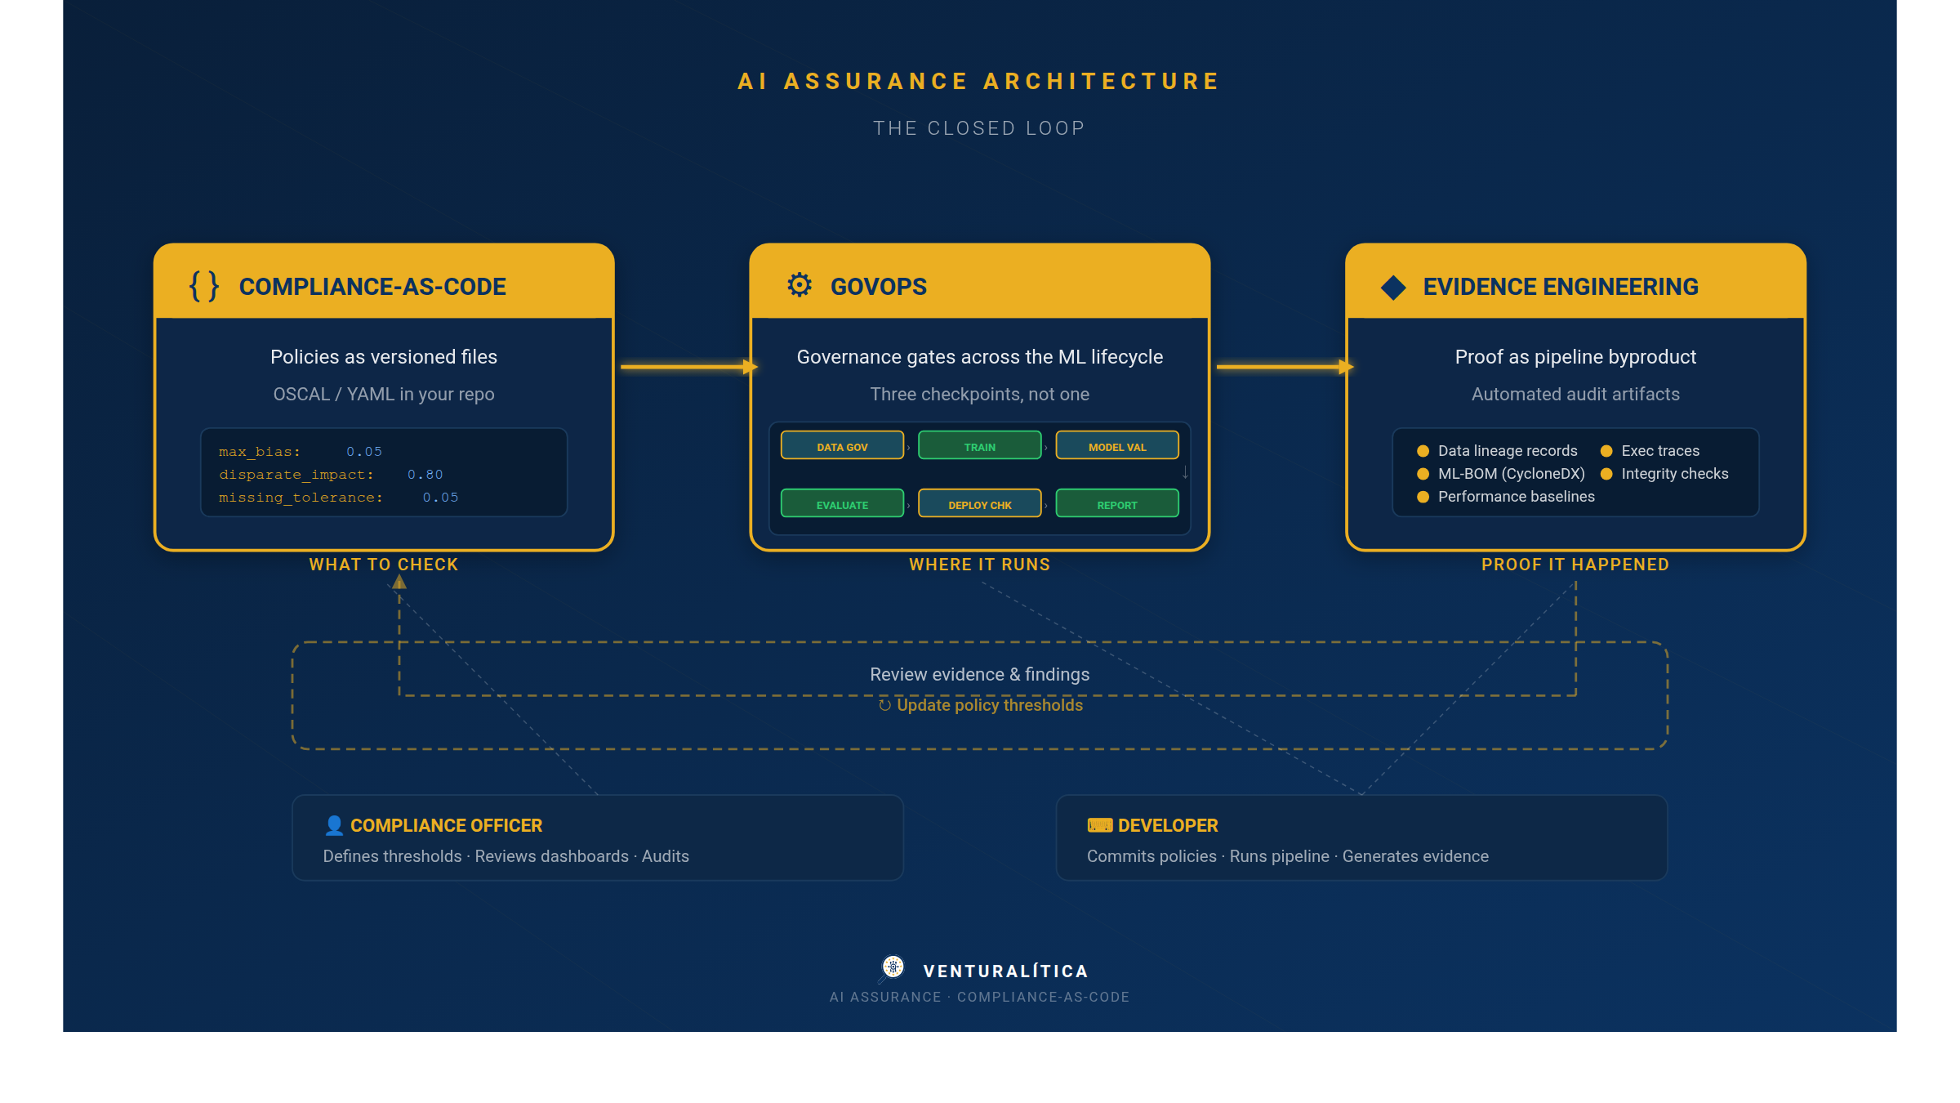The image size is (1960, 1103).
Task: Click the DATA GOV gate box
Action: click(x=842, y=446)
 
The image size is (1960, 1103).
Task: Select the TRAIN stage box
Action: click(x=979, y=446)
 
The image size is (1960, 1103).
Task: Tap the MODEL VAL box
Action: click(x=1116, y=446)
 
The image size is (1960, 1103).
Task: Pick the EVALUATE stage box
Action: click(x=842, y=504)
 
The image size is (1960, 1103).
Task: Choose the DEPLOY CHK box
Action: click(x=979, y=504)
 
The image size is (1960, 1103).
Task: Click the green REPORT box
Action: click(x=1116, y=504)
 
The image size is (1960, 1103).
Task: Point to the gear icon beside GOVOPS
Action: click(x=800, y=285)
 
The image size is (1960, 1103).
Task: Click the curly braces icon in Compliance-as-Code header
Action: click(x=204, y=286)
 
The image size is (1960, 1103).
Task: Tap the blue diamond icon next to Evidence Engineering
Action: click(x=1393, y=287)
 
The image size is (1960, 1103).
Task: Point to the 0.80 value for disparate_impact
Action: click(x=425, y=475)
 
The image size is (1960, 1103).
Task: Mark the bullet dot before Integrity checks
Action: click(x=1606, y=474)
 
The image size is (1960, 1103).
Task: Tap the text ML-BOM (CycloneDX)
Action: click(x=1511, y=474)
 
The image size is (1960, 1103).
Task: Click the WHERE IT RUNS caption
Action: click(x=979, y=565)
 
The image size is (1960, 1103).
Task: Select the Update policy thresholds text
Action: click(x=989, y=705)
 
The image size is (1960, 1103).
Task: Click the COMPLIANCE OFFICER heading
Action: click(x=446, y=825)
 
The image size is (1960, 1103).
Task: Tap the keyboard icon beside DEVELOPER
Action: click(x=1099, y=825)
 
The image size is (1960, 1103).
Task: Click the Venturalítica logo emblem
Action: click(x=893, y=967)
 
